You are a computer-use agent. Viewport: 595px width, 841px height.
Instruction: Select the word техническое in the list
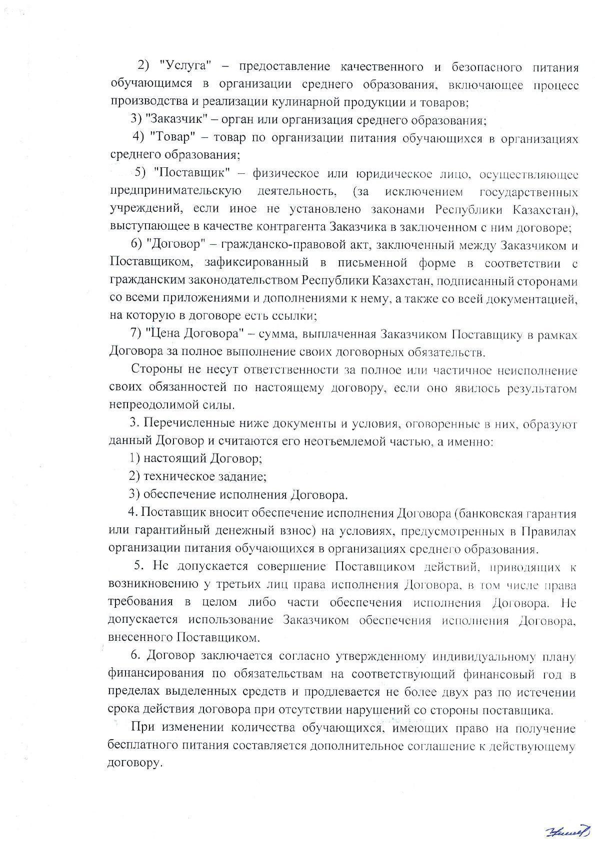coord(178,476)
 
